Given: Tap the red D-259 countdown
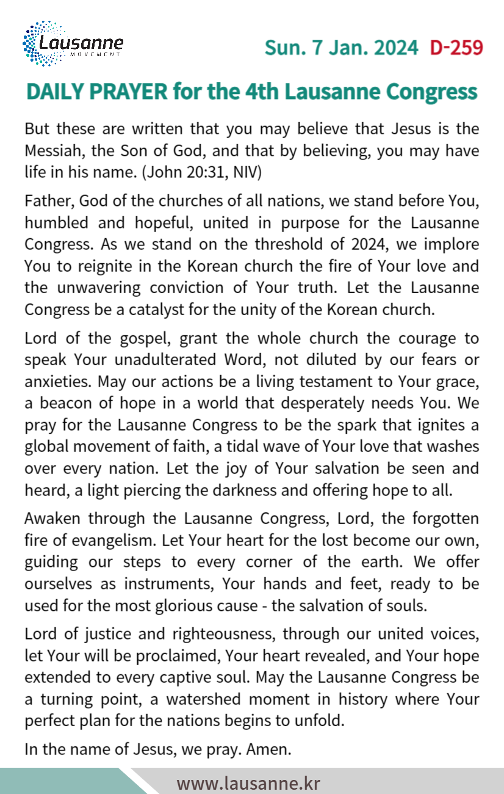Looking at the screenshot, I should (x=456, y=48).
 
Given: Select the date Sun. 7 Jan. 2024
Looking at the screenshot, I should (x=342, y=48).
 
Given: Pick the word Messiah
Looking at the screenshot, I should (x=51, y=151).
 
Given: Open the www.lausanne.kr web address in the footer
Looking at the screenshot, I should (x=248, y=782).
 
